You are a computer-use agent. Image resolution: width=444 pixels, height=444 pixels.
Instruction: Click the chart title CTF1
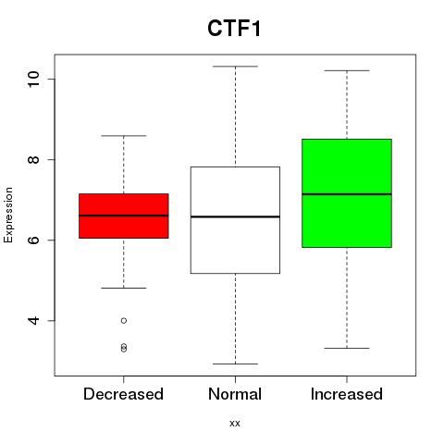(234, 29)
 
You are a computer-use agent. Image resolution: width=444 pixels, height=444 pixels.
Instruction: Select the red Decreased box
(124, 216)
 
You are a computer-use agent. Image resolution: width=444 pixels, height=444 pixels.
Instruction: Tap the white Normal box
(235, 220)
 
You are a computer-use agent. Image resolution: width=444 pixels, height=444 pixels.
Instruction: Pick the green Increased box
(347, 193)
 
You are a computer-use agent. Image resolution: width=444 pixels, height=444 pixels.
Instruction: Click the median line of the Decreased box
(124, 216)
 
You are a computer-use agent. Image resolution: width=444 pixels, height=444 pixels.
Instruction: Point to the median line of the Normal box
(235, 216)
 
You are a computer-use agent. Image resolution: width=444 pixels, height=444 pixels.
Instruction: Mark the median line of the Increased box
(347, 194)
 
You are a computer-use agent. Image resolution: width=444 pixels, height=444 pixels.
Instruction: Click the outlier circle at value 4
(124, 321)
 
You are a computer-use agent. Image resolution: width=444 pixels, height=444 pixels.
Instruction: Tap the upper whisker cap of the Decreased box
(124, 136)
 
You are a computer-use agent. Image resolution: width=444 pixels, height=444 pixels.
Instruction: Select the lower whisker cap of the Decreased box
(124, 288)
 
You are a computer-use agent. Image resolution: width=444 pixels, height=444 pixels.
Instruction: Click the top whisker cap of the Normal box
(235, 67)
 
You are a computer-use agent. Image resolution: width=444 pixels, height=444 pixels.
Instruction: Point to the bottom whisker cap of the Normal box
(235, 364)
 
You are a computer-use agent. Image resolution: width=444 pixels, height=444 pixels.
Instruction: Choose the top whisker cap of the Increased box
(347, 70)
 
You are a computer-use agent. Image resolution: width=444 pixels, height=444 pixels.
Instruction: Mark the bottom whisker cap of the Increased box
(347, 348)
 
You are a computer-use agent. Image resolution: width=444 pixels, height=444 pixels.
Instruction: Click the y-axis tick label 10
(33, 79)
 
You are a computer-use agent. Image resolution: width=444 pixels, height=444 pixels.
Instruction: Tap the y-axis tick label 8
(33, 159)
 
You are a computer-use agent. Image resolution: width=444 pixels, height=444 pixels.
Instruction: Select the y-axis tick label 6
(33, 240)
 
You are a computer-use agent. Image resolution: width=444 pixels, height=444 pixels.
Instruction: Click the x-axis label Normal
(235, 394)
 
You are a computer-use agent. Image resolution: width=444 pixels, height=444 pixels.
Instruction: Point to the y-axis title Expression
(8, 215)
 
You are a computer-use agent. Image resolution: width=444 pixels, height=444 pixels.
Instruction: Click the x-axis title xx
(235, 424)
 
